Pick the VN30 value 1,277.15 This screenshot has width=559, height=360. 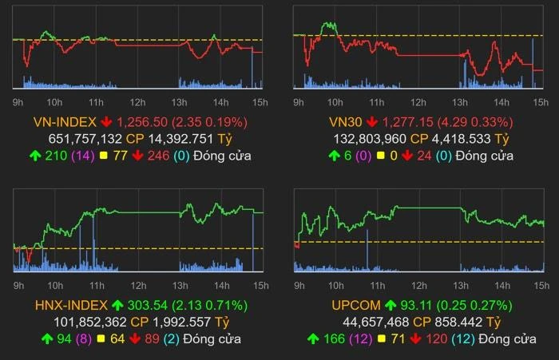(412, 122)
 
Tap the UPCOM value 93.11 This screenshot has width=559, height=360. (416, 305)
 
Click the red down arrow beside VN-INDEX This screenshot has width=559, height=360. (106, 122)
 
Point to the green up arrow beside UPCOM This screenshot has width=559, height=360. (391, 305)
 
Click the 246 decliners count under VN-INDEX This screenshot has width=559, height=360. (159, 156)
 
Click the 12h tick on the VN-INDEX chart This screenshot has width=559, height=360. (137, 101)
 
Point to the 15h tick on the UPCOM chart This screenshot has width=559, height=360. (540, 285)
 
